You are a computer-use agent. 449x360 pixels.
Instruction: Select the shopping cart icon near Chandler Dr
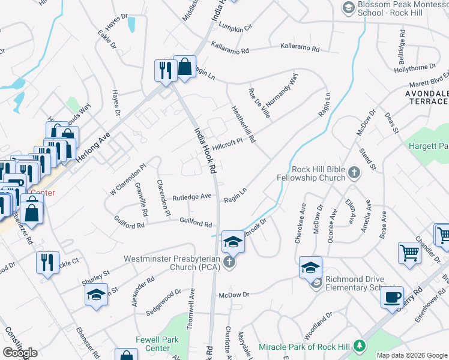(409, 253)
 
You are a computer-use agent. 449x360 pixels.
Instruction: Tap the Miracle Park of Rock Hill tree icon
(359, 346)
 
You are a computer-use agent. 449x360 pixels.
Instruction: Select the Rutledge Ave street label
(192, 196)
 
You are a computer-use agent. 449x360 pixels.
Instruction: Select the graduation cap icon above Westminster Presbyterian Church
(233, 241)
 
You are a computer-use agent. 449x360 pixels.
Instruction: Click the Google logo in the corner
(20, 353)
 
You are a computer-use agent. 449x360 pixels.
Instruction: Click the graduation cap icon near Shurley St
(95, 295)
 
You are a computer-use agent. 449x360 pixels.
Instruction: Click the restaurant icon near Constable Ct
(47, 262)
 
